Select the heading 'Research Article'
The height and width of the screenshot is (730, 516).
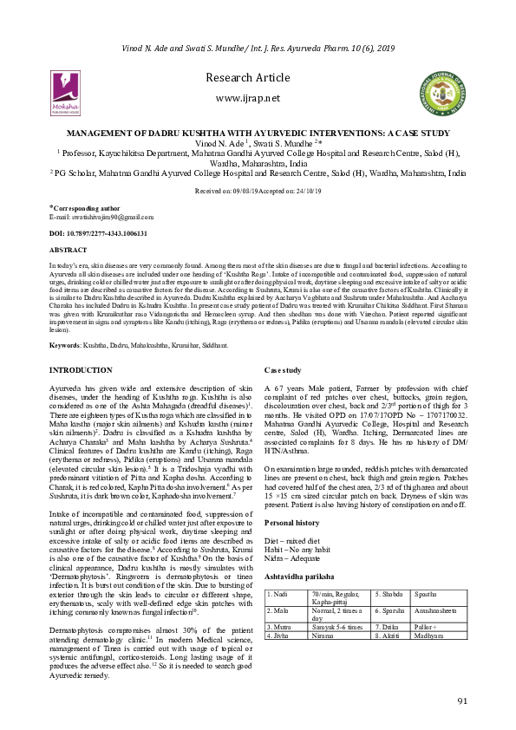(258, 79)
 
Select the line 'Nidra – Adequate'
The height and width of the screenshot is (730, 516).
(293, 557)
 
